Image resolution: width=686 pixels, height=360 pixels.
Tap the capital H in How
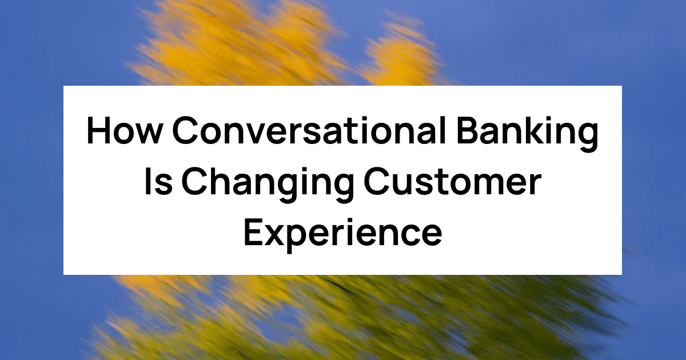click(99, 133)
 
